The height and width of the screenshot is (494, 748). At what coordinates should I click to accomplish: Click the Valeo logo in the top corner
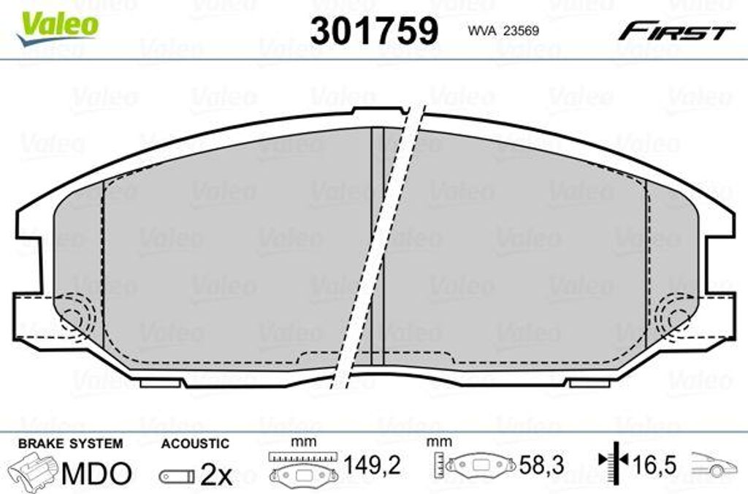point(57,28)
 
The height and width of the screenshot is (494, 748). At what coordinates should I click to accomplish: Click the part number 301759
point(374,31)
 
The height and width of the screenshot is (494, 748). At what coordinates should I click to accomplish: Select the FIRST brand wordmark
point(676,31)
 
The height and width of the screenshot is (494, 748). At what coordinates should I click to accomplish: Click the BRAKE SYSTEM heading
point(70,444)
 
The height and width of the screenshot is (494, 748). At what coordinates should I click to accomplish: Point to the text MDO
point(96,473)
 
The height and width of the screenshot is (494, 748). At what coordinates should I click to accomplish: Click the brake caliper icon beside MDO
point(34,471)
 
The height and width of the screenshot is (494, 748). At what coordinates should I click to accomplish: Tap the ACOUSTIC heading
point(195,444)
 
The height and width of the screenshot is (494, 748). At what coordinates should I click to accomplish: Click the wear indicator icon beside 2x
point(177,476)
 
